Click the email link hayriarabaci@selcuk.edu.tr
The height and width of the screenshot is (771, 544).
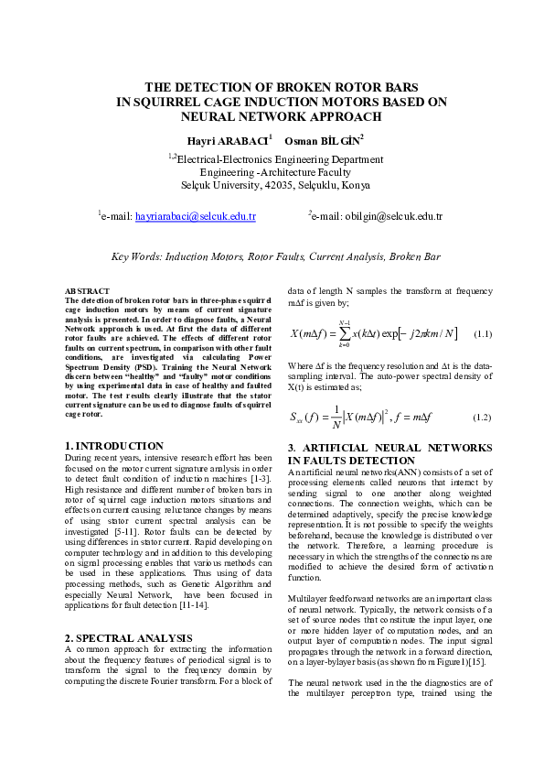click(195, 216)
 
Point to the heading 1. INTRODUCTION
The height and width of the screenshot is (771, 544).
click(114, 446)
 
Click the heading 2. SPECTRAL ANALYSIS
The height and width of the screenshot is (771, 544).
click(128, 638)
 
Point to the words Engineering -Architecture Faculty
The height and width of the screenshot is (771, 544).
click(272, 171)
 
